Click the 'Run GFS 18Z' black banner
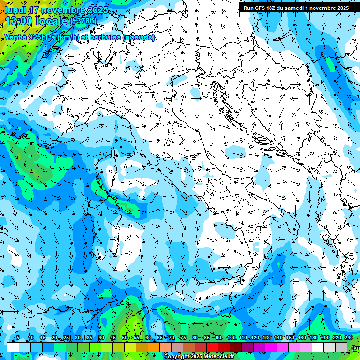[296, 8]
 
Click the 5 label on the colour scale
[18, 338]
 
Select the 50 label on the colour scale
[125, 338]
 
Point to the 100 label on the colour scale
[232, 338]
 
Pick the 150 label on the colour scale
[290, 338]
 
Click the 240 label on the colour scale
[348, 338]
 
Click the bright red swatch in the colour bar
[212, 347]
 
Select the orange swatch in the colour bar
[154, 347]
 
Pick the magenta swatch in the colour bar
[271, 347]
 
